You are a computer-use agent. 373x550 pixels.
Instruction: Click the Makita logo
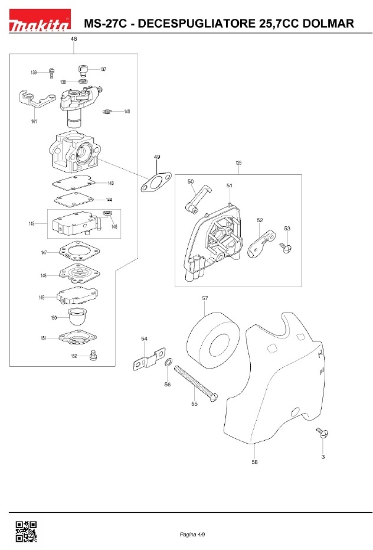(x=40, y=19)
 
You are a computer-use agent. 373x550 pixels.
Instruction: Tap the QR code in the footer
(x=26, y=531)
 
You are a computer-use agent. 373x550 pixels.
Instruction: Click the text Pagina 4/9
(x=192, y=534)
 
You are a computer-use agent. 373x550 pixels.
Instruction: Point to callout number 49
(x=157, y=157)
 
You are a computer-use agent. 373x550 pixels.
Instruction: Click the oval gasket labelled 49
(x=156, y=183)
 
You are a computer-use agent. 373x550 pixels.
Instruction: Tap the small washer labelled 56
(x=168, y=362)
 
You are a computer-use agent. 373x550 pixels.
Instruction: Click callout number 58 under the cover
(x=254, y=462)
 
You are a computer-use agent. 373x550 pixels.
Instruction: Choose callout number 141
(x=34, y=121)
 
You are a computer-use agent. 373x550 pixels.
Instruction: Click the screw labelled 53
(x=286, y=248)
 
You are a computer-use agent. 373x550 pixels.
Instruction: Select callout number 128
(x=238, y=163)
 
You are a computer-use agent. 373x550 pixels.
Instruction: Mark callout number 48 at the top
(x=74, y=39)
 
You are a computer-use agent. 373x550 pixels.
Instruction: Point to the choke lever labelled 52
(x=261, y=243)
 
